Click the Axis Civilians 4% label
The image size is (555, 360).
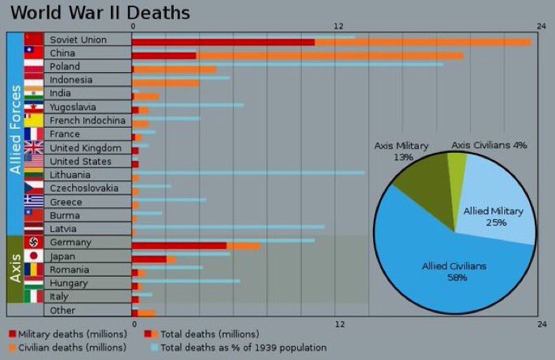click(x=489, y=145)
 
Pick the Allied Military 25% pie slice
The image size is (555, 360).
click(x=502, y=210)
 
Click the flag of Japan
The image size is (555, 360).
click(x=33, y=256)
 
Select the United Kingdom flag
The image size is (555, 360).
click(x=33, y=148)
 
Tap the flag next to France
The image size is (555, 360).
click(x=33, y=134)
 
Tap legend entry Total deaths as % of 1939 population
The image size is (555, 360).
click(x=243, y=347)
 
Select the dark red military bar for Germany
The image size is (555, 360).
click(x=179, y=245)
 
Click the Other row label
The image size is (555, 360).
click(x=62, y=311)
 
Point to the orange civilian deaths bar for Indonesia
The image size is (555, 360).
click(x=166, y=83)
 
